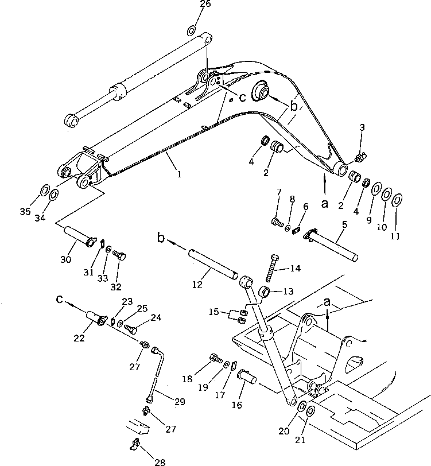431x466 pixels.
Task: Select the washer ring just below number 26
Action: pos(192,30)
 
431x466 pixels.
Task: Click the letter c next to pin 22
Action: pos(59,298)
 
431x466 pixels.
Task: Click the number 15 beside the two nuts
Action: pos(214,312)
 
